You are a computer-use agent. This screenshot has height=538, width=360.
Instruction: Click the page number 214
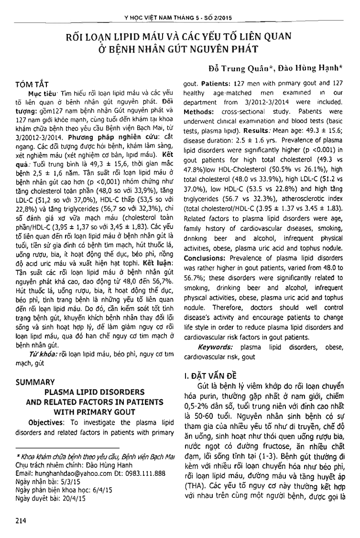[21, 521]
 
